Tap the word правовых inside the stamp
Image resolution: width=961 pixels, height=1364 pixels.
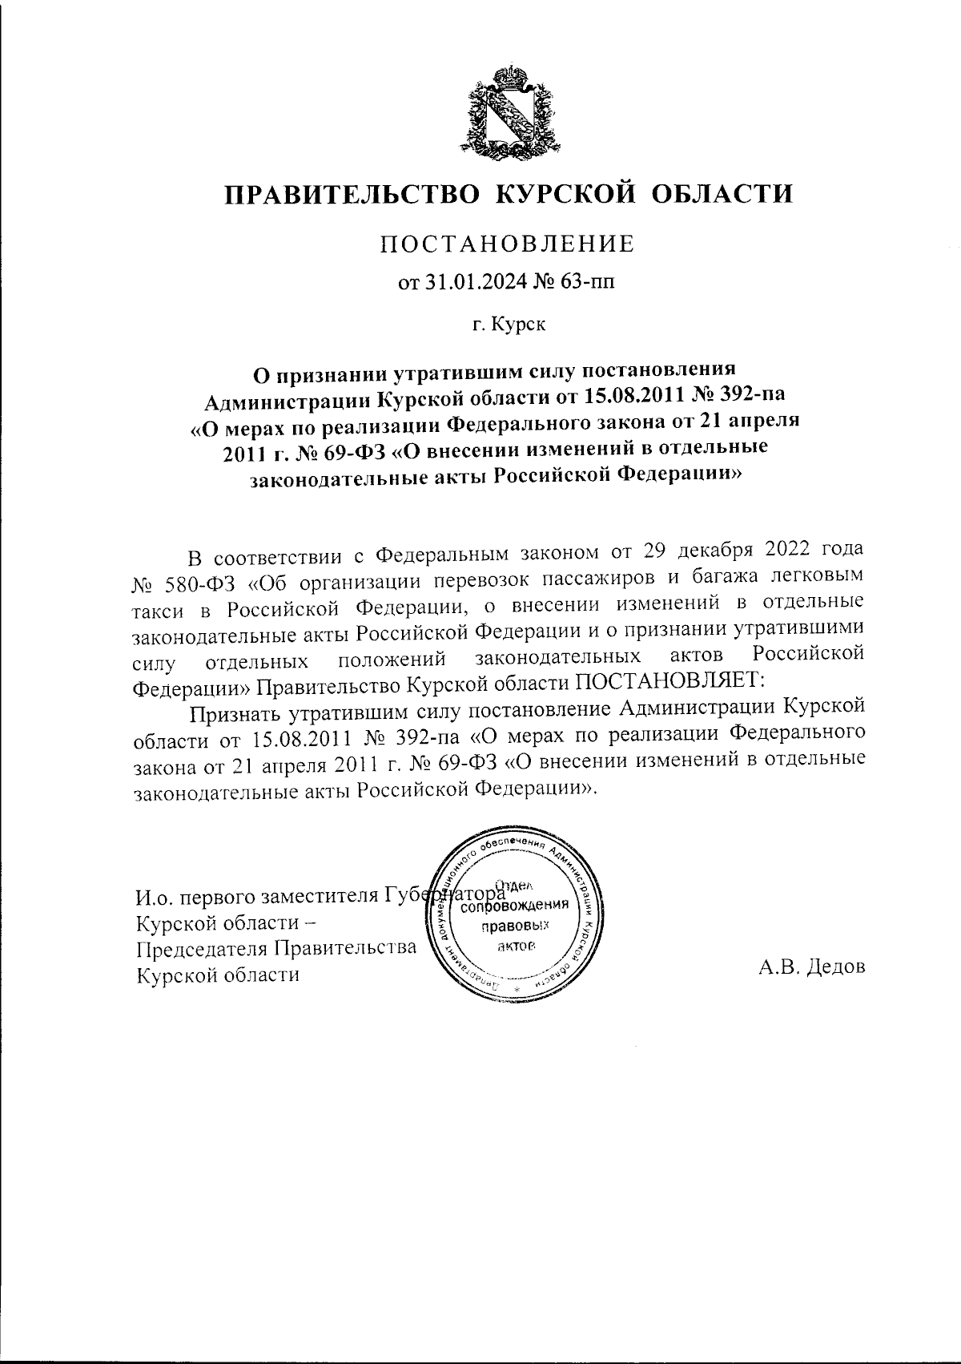[515, 926]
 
